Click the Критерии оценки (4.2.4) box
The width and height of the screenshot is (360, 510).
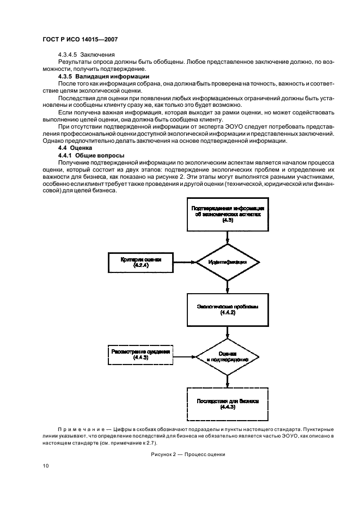click(141, 262)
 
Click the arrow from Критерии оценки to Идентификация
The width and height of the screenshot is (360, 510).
click(185, 262)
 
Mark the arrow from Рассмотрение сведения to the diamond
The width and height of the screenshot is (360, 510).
click(185, 355)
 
